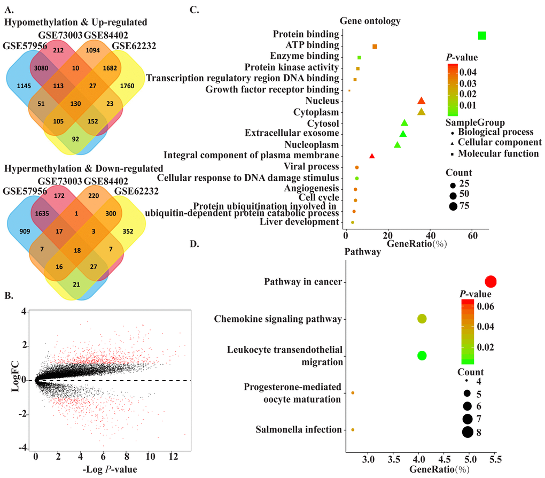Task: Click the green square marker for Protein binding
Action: click(x=482, y=35)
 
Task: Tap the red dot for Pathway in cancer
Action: click(x=490, y=282)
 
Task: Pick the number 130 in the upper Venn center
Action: click(x=76, y=103)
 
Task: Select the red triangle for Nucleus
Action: click(x=421, y=101)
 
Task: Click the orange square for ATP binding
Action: click(x=375, y=47)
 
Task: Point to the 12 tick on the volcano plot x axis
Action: click(x=173, y=458)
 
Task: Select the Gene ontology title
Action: click(x=370, y=21)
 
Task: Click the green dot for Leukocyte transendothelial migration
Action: click(x=422, y=356)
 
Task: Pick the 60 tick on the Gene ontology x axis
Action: click(x=472, y=235)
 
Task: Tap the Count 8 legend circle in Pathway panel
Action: click(x=468, y=432)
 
